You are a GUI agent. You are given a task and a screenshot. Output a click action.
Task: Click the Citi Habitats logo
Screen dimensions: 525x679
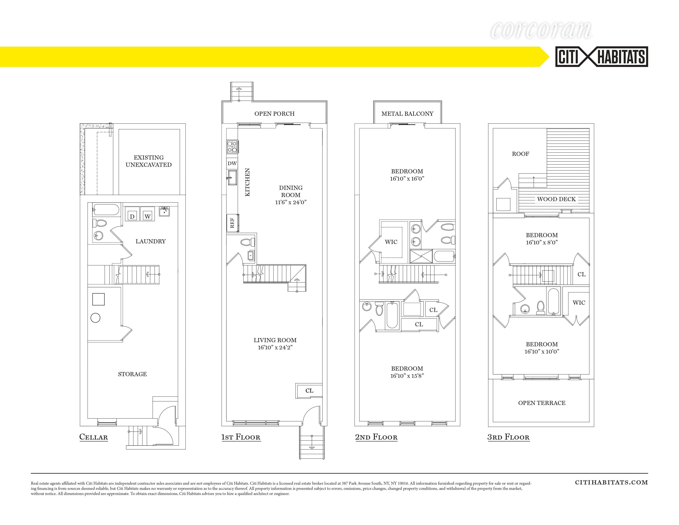(602, 57)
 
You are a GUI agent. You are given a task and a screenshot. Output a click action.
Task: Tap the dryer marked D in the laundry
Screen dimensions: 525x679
(132, 214)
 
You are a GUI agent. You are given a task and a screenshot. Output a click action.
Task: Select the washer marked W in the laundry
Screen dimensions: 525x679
(147, 214)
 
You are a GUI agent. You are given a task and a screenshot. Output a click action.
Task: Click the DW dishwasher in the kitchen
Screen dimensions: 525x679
(232, 163)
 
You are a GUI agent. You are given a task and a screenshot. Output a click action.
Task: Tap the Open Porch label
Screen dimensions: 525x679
(274, 113)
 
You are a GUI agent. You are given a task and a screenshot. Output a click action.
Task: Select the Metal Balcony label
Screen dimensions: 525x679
(407, 113)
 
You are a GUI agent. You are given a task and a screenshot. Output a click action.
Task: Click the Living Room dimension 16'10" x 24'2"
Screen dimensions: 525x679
(275, 347)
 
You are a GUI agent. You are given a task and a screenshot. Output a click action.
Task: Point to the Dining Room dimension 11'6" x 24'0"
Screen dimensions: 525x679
(291, 202)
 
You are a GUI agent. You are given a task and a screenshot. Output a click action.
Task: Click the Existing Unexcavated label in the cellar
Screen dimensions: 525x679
(149, 161)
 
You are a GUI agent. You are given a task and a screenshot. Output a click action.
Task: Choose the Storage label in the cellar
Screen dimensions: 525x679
(132, 374)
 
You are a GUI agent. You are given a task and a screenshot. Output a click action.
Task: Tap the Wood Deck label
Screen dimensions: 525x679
(556, 199)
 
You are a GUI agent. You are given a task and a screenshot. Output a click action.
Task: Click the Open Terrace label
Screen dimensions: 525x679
(542, 403)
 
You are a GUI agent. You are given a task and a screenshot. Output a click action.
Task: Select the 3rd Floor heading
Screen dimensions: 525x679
(508, 437)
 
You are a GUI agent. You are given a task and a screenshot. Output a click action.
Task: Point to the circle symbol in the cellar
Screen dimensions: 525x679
(95, 318)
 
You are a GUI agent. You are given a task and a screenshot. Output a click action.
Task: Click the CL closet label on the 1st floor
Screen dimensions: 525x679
(309, 391)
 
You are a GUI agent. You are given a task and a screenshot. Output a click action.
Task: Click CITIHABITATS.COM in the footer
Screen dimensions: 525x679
(611, 482)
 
